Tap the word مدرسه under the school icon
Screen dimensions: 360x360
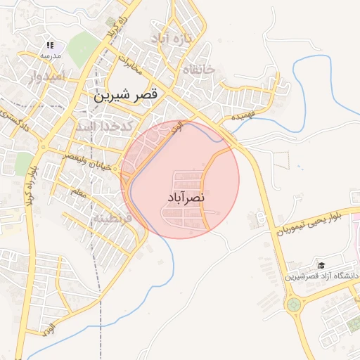(50, 56)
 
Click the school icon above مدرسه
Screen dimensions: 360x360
(51, 44)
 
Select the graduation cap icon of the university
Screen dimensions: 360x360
(321, 265)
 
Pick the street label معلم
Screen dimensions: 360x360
(79, 191)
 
